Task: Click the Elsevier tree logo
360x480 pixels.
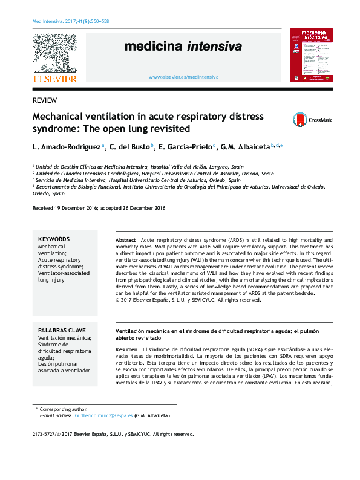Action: pyautogui.click(x=54, y=54)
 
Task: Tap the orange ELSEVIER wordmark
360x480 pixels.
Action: pyautogui.click(x=54, y=79)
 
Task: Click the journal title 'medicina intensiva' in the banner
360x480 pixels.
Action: pyautogui.click(x=183, y=47)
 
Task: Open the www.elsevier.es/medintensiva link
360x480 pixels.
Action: pyautogui.click(x=183, y=77)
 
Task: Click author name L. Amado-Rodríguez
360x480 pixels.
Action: pyautogui.click(x=67, y=146)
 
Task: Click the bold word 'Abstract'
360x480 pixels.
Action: pyautogui.click(x=126, y=240)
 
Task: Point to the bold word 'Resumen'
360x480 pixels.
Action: pyautogui.click(x=126, y=350)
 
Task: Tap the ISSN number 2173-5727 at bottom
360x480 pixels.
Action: pyautogui.click(x=45, y=434)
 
